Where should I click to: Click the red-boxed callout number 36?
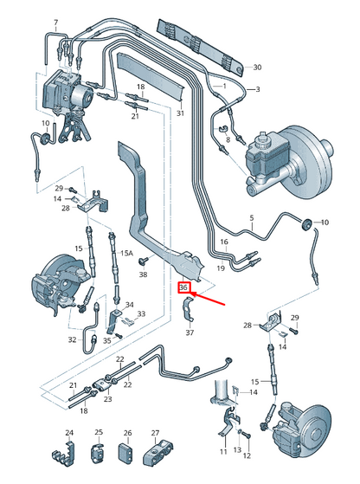[183, 287]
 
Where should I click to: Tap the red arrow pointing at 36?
[209, 299]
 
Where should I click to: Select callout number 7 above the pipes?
[56, 23]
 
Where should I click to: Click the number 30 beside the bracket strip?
[257, 67]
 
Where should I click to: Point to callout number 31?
[180, 113]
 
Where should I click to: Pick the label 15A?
[126, 254]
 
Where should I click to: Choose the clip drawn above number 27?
[158, 454]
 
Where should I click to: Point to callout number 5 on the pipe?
[252, 218]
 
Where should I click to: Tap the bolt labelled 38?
[143, 261]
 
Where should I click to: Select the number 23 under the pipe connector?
[107, 399]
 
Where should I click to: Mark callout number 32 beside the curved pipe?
[72, 339]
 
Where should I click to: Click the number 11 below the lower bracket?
[223, 452]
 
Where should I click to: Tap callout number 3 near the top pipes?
[258, 89]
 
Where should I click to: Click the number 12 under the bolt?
[247, 455]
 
